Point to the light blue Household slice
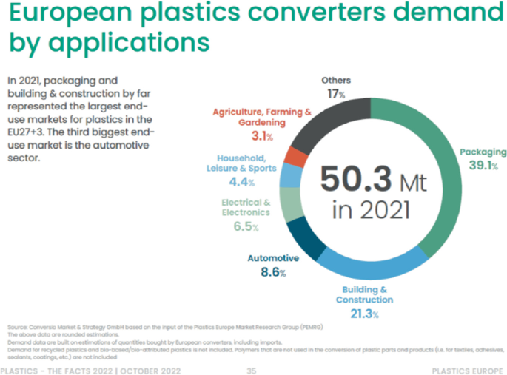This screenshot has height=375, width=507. click(x=290, y=175)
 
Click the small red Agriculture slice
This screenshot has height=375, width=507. click(x=297, y=156)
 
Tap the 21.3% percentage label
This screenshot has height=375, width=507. click(x=364, y=314)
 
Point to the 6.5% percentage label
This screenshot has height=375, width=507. click(x=246, y=226)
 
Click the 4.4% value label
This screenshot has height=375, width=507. click(x=241, y=182)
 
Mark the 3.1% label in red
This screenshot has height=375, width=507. click(x=262, y=137)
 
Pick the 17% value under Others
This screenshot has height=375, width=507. click(x=338, y=95)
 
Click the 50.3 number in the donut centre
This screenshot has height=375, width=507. click(x=352, y=178)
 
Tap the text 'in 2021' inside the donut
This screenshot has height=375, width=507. click(x=370, y=210)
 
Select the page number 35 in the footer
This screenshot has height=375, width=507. click(x=252, y=370)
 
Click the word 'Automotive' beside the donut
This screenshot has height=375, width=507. click(x=272, y=259)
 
